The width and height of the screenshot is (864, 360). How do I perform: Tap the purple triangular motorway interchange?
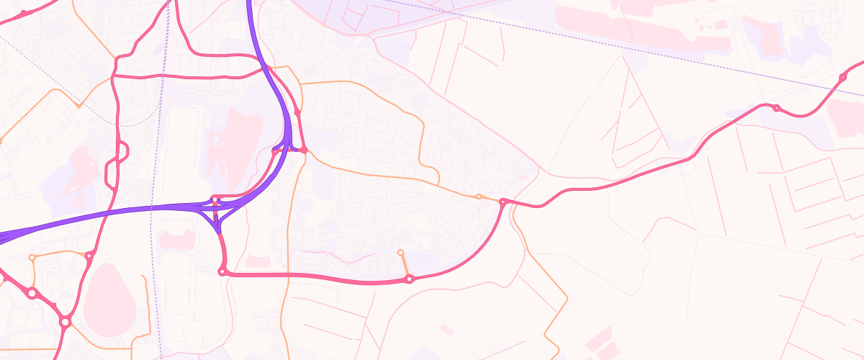215,214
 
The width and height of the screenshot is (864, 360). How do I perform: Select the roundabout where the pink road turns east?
222,271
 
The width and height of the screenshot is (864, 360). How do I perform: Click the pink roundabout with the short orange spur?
409,279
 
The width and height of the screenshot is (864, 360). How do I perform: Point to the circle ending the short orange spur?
401,252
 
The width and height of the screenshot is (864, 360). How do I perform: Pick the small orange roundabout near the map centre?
479,196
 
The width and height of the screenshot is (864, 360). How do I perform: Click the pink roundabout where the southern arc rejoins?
503,202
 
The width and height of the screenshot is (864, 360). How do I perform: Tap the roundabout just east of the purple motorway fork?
305,150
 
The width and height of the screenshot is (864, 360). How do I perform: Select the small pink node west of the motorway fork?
274,151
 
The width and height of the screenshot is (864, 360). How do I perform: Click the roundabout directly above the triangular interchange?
215,198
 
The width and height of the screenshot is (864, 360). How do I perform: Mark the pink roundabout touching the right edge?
842,77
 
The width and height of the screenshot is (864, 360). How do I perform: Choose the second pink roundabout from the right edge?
776,108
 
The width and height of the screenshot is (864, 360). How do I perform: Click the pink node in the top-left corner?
24,13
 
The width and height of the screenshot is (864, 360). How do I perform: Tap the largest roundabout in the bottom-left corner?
65,322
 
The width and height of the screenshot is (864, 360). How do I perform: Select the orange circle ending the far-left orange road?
32,257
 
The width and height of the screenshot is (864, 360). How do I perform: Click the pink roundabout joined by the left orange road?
89,256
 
